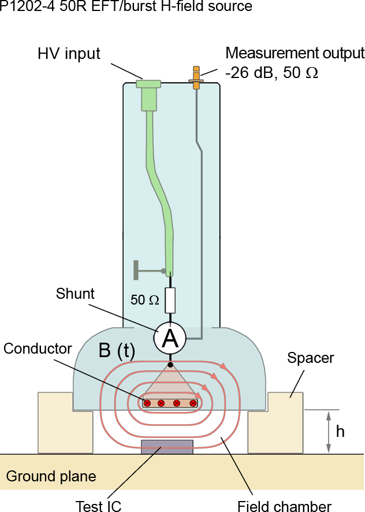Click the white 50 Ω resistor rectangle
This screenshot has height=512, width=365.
click(170, 300)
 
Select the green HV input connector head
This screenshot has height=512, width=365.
click(148, 85)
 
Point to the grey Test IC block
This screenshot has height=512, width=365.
click(167, 447)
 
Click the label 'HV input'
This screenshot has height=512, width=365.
click(69, 54)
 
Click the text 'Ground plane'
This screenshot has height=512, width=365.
click(51, 477)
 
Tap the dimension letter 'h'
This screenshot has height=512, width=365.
click(340, 432)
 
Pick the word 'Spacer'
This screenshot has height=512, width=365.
click(310, 358)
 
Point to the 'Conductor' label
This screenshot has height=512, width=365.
click(38, 348)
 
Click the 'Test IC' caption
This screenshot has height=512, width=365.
click(99, 506)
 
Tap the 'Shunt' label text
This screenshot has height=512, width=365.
click(75, 293)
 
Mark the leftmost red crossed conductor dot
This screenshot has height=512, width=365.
click(147, 403)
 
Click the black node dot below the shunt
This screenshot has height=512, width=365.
click(170, 365)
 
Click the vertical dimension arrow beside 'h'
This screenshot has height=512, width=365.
click(329, 431)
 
